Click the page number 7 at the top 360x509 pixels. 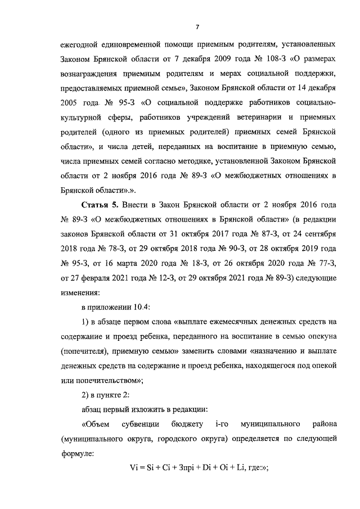pos(197,26)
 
